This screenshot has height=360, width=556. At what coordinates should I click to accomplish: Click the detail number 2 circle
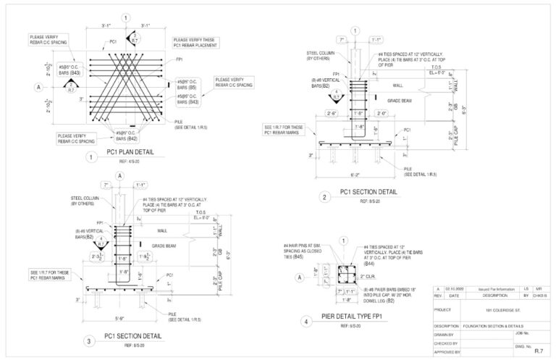pyautogui.click(x=326, y=196)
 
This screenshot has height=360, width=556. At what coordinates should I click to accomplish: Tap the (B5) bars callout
pyautogui.click(x=185, y=87)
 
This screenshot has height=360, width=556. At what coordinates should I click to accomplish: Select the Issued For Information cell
pyautogui.click(x=490, y=288)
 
